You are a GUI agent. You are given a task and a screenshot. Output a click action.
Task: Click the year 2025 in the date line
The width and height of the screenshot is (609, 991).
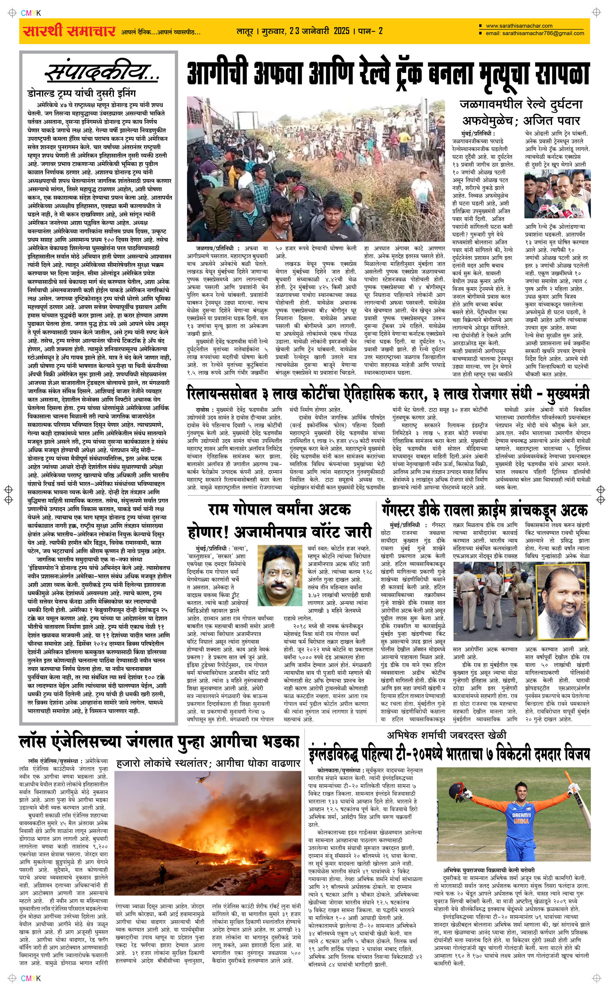pyautogui.click(x=341, y=31)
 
